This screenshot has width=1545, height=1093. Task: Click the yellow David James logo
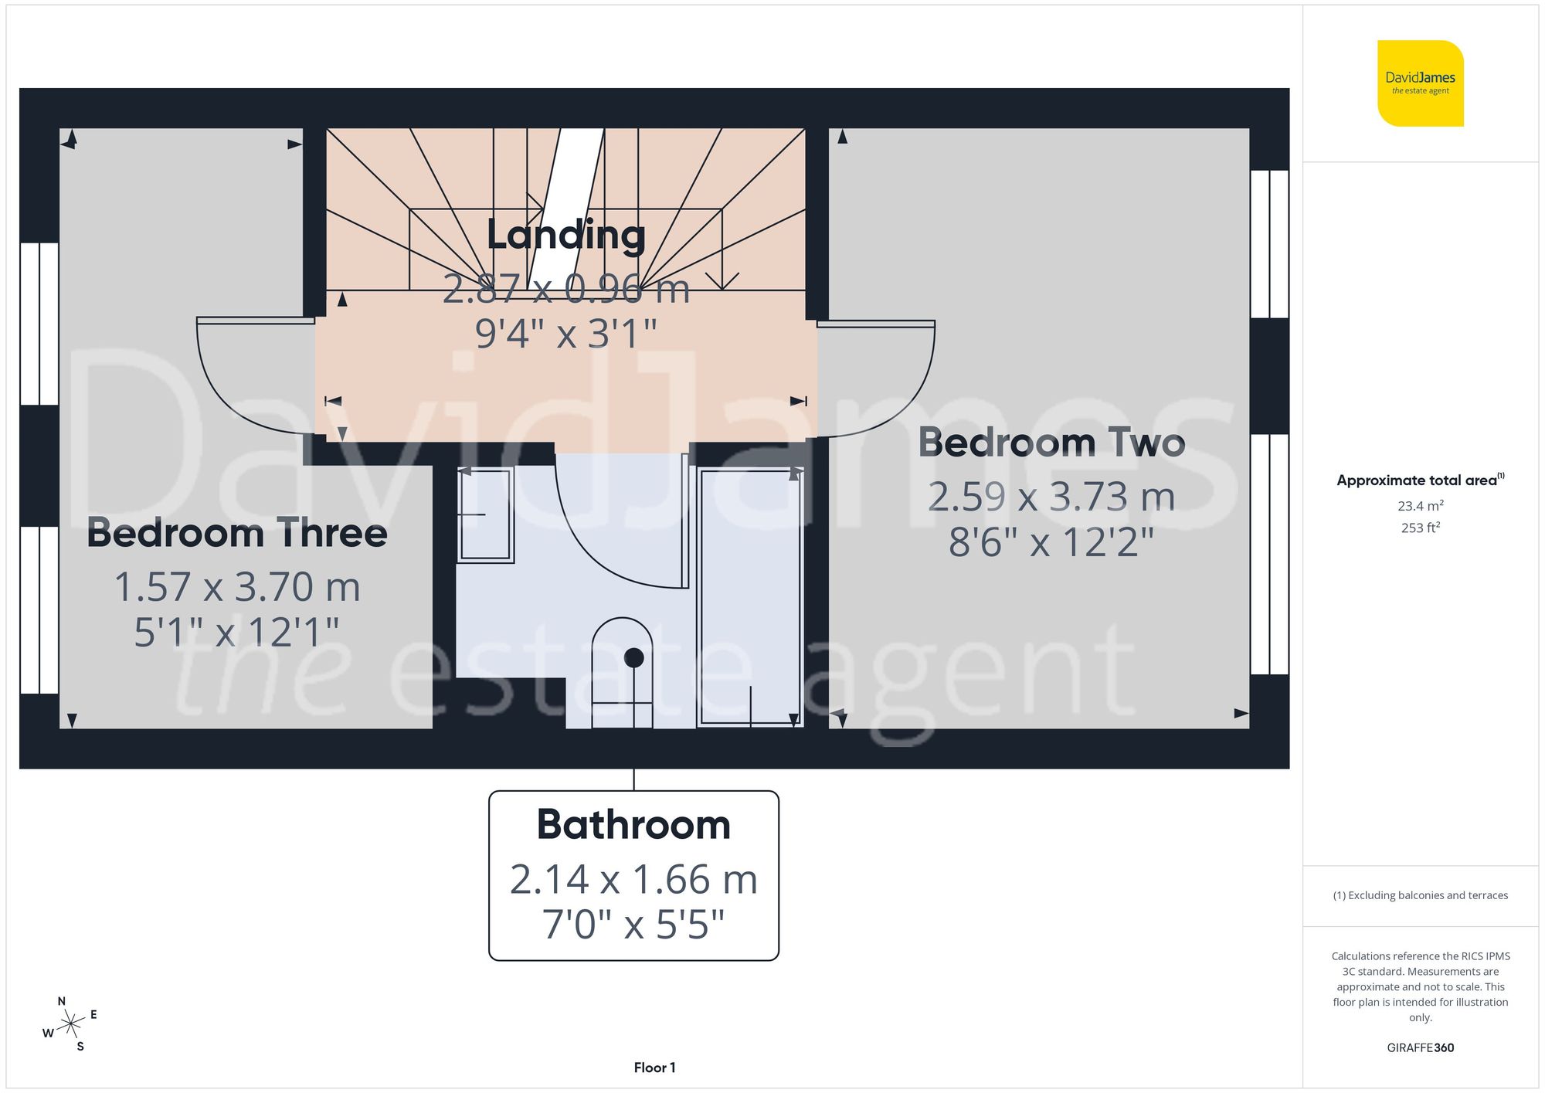[x=1420, y=83]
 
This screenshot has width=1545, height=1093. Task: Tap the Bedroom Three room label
[x=236, y=534]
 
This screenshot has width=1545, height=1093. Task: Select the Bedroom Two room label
[x=1051, y=443]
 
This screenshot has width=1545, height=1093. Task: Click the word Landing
[x=565, y=235]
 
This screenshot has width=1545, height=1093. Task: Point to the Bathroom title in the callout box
[x=633, y=825]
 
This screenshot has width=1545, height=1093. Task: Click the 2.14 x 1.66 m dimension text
[x=633, y=880]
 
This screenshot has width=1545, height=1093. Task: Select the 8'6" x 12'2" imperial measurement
[x=1051, y=542]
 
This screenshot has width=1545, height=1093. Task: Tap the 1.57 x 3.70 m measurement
[x=236, y=587]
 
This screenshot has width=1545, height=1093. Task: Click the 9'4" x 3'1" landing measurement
[x=565, y=334]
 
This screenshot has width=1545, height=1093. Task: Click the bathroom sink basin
[x=485, y=514]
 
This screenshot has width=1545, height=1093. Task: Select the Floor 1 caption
[x=654, y=1068]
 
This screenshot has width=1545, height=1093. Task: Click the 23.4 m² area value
[x=1420, y=506]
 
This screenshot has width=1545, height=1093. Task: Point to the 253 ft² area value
[x=1420, y=528]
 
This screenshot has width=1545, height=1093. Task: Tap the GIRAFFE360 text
[x=1420, y=1048]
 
